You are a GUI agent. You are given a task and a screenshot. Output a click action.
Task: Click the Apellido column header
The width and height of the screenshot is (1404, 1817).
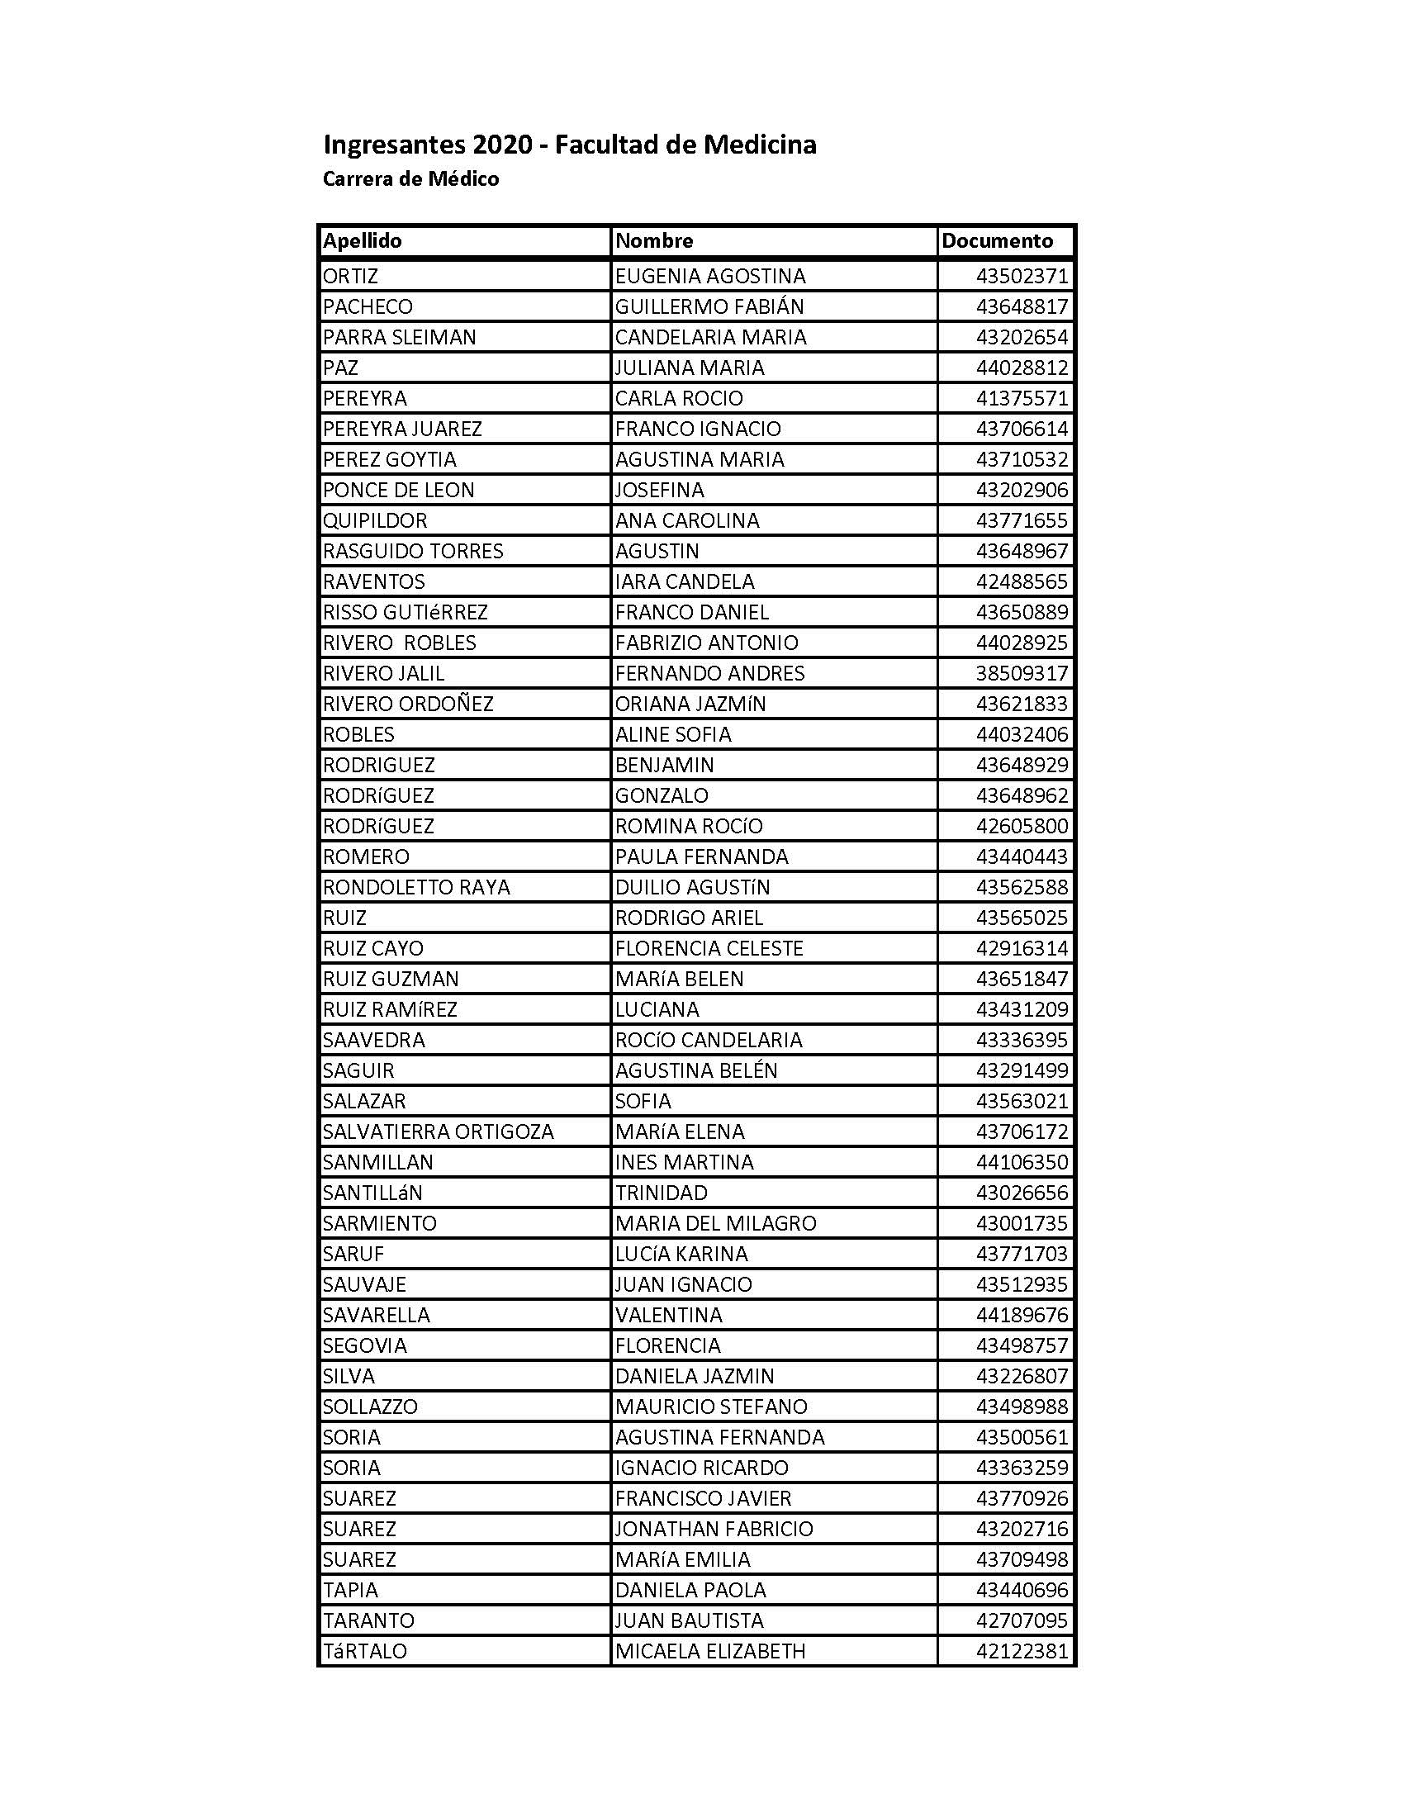pos(362,241)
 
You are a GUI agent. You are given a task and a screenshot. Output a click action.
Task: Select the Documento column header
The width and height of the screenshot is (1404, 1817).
pos(997,241)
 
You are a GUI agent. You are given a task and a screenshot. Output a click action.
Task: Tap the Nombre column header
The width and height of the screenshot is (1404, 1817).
pos(654,241)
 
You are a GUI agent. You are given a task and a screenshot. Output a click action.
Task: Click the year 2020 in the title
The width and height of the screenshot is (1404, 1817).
pos(502,145)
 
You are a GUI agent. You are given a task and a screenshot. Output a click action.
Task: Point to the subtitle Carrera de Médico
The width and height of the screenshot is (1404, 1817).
pos(411,179)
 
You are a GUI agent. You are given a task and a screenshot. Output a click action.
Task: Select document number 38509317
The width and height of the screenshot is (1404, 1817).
pos(1022,673)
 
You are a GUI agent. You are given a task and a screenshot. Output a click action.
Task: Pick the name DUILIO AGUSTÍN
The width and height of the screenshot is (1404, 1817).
pos(692,887)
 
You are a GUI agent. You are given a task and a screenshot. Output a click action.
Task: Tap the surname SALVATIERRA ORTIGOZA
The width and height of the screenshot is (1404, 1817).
pos(438,1131)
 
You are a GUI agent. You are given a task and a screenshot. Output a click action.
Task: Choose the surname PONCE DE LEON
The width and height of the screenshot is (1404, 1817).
pos(398,490)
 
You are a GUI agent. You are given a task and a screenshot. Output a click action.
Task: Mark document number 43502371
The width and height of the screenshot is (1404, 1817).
pos(1022,276)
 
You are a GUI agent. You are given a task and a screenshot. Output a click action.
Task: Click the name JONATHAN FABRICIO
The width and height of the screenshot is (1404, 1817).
pos(714,1528)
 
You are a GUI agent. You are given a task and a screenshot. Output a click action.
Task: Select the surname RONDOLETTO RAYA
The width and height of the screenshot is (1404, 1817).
pos(416,887)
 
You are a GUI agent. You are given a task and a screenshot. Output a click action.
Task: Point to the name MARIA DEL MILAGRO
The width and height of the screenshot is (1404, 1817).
pos(715,1223)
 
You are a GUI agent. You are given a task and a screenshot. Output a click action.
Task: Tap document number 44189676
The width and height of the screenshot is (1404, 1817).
pos(1022,1315)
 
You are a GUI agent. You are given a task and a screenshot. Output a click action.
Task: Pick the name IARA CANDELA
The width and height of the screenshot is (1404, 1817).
pos(685,581)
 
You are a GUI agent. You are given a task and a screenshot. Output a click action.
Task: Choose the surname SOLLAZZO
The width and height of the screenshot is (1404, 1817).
pos(370,1406)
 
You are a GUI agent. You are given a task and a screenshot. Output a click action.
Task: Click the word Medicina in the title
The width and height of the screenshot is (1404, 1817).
pos(760,145)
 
